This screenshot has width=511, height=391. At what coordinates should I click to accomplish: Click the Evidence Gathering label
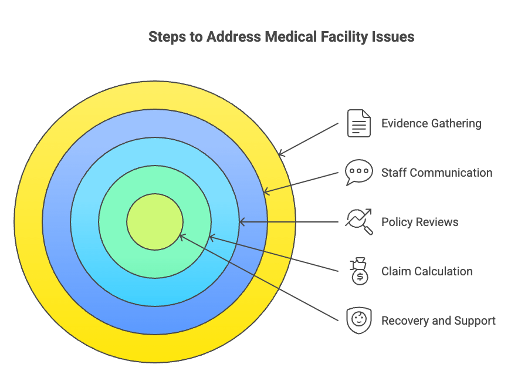pyautogui.click(x=431, y=124)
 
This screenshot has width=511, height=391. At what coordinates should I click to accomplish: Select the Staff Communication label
pyautogui.click(x=436, y=173)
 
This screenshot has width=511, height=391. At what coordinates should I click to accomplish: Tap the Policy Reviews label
pyautogui.click(x=419, y=222)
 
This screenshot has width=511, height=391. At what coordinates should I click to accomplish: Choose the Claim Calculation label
pyautogui.click(x=427, y=271)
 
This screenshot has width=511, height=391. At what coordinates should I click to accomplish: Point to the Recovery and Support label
pyautogui.click(x=438, y=321)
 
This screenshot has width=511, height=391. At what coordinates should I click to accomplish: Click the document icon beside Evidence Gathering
pyautogui.click(x=358, y=123)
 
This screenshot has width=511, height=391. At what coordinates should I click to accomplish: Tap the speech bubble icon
pyautogui.click(x=358, y=172)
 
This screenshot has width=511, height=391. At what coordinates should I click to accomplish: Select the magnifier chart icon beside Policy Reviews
pyautogui.click(x=358, y=221)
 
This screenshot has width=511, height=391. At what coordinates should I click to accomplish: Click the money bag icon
pyautogui.click(x=358, y=271)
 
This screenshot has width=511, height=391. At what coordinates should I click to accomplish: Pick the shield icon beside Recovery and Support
pyautogui.click(x=358, y=321)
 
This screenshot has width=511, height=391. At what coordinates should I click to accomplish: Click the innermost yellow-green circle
pyautogui.click(x=155, y=222)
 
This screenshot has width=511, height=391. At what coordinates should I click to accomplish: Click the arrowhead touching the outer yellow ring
pyautogui.click(x=281, y=154)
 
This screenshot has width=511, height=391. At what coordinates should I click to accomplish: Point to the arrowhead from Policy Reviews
pyautogui.click(x=242, y=222)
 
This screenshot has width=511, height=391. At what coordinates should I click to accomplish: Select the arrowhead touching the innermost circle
pyautogui.click(x=182, y=237)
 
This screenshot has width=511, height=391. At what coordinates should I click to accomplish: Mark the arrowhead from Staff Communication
pyautogui.click(x=266, y=191)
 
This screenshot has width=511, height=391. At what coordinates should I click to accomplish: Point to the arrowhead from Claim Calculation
pyautogui.click(x=212, y=237)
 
